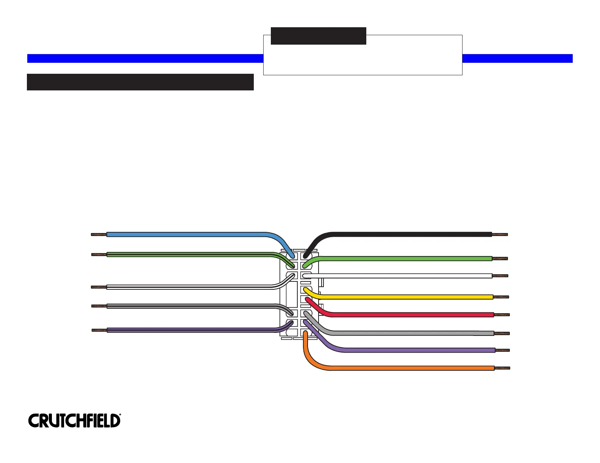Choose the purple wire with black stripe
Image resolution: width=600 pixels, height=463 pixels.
point(189,330)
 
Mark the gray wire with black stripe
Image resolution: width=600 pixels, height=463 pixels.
point(189,306)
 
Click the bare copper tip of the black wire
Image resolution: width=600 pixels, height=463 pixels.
point(500,235)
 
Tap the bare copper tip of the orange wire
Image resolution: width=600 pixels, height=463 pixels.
point(502,368)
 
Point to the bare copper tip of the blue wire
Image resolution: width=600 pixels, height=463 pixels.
point(99,235)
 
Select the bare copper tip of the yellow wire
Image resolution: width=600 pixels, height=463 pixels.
point(501,297)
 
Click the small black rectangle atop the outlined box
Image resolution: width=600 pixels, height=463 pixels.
point(318,36)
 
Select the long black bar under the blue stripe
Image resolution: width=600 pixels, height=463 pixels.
point(140,82)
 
